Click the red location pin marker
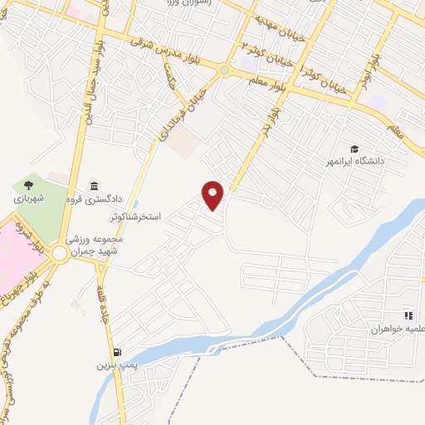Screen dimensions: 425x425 (x=214, y=196)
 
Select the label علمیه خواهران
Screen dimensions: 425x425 (x=397, y=329)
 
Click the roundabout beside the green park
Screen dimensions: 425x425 (x=60, y=253)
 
